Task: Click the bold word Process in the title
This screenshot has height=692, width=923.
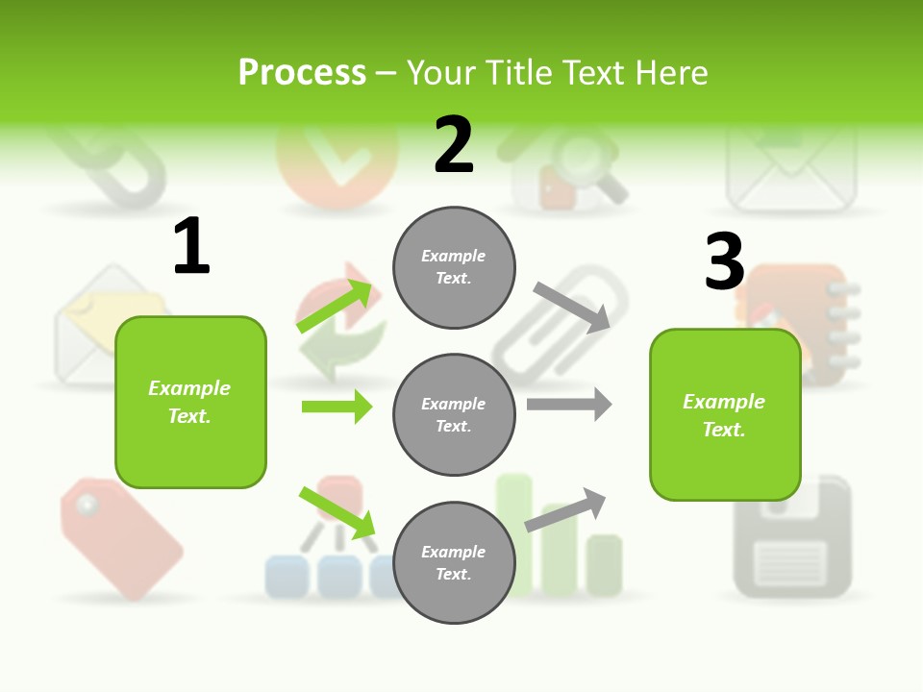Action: tap(302, 73)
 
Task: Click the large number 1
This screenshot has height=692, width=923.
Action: tap(191, 247)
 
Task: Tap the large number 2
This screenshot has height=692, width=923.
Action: tap(454, 146)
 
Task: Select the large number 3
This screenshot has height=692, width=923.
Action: tap(724, 262)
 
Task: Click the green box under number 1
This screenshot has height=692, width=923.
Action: tap(190, 402)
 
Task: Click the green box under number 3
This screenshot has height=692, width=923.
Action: tap(724, 414)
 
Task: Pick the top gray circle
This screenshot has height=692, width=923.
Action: tap(454, 267)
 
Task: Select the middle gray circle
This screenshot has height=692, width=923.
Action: tap(454, 414)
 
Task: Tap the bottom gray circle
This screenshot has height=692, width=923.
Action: tap(454, 562)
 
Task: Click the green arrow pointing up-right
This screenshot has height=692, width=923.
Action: tap(335, 306)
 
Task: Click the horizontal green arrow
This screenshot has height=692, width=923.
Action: tap(337, 407)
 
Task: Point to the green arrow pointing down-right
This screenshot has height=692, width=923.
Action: tap(337, 512)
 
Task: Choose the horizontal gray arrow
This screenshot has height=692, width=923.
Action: tap(569, 405)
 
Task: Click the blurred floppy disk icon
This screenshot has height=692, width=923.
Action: tap(792, 538)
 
